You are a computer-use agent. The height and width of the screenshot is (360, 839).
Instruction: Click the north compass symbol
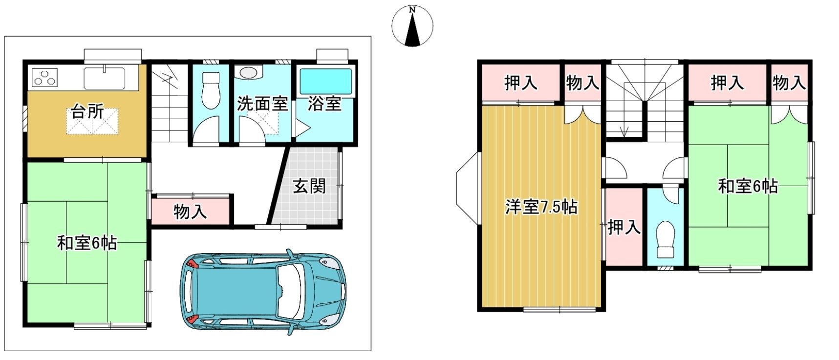click(412, 26)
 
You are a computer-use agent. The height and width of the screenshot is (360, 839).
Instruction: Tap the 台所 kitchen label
click(87, 111)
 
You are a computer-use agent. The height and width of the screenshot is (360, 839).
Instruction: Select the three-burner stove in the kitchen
click(44, 77)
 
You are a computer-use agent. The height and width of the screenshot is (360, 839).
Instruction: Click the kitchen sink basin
click(105, 78)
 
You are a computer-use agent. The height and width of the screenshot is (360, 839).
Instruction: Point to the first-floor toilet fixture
click(211, 90)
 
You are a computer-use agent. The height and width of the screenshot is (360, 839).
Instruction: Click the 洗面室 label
click(262, 104)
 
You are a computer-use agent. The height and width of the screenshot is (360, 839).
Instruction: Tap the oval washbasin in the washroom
click(248, 72)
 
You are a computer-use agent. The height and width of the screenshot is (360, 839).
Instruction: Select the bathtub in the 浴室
click(325, 81)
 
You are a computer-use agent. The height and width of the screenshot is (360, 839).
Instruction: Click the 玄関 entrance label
click(309, 186)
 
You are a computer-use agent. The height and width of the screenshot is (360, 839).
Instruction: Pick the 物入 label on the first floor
click(190, 212)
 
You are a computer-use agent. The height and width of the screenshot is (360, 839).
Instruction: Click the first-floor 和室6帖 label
click(87, 242)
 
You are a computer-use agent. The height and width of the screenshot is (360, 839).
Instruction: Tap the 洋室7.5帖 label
click(541, 207)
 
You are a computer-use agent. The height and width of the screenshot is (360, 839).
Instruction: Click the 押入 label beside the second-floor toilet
click(624, 227)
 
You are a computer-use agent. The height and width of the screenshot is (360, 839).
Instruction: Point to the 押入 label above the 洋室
click(521, 83)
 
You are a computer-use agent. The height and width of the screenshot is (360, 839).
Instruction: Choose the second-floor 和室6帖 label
click(748, 186)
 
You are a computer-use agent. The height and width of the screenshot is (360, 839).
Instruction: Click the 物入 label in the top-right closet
click(789, 83)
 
